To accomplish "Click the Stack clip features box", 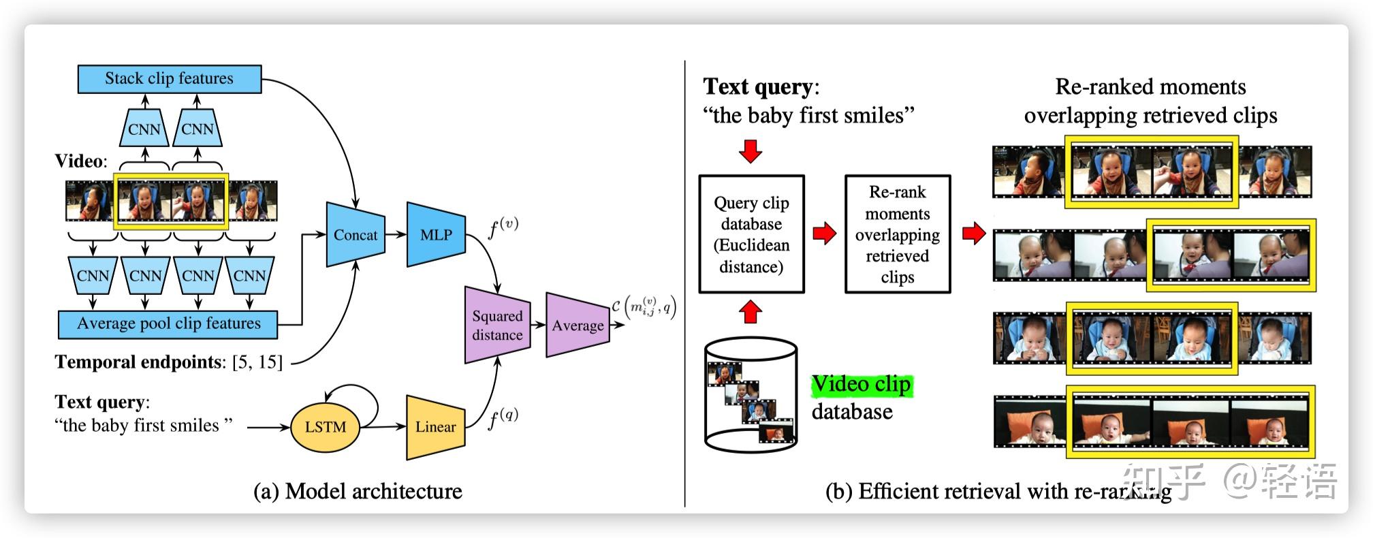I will [x=169, y=79].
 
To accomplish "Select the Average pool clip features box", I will [x=168, y=324].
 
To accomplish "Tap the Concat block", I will [x=356, y=235].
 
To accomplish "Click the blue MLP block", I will [x=436, y=235].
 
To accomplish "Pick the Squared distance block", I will [x=497, y=326].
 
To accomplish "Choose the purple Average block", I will [x=578, y=326].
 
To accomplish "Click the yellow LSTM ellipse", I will [x=325, y=427].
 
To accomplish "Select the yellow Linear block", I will [x=436, y=427].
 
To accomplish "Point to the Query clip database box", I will [x=751, y=234].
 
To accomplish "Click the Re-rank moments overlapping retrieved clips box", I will [x=897, y=234].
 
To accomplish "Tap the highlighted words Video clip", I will [x=861, y=385].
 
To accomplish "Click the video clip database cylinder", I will [x=751, y=395].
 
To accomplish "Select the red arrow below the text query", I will [x=751, y=151].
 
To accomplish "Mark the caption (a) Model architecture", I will [x=358, y=492].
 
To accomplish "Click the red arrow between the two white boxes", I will [x=825, y=234].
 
